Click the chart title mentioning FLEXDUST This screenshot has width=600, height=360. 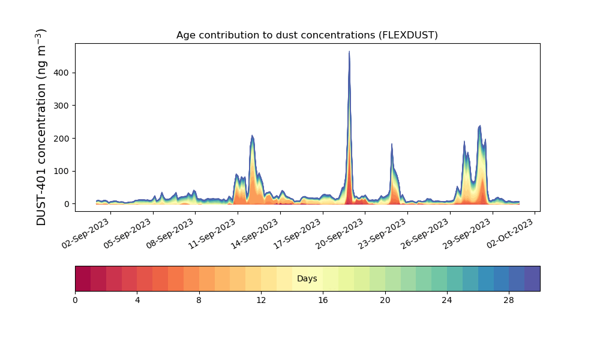(307, 35)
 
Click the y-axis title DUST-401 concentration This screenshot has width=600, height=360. (41, 127)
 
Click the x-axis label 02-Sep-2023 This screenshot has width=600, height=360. (86, 233)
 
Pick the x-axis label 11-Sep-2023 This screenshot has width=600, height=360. (213, 233)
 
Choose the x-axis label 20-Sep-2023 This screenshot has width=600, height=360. (340, 233)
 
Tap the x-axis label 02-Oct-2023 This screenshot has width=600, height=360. (510, 233)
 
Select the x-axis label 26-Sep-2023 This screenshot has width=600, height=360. (425, 233)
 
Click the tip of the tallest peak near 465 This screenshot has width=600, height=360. (349, 51)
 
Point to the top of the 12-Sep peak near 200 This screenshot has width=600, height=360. (252, 136)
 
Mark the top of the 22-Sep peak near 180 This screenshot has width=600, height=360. (392, 144)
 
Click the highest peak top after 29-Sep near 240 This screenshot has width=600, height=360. (480, 125)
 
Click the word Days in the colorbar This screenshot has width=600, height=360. (307, 278)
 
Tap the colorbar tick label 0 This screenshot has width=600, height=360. (76, 301)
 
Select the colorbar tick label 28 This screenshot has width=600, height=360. (509, 301)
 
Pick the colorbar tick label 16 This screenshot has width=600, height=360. (323, 301)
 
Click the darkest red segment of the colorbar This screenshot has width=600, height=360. (83, 278)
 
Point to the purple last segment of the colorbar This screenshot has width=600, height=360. (532, 278)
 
